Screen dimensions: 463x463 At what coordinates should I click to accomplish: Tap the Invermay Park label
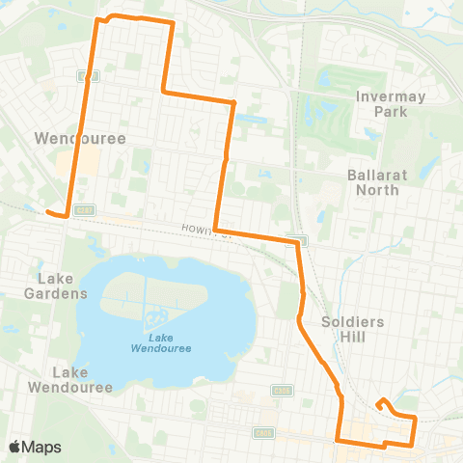click(381, 104)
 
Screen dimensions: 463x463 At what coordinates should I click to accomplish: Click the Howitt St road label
click(201, 229)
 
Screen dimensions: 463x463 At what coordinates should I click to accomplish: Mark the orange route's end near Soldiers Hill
click(383, 399)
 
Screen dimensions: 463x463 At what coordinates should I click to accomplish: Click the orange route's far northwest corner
click(95, 18)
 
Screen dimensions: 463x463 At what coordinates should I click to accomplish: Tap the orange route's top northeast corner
click(171, 21)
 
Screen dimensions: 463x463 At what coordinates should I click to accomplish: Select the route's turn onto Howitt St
click(217, 231)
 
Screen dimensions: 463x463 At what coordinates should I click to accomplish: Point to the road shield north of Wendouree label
click(84, 74)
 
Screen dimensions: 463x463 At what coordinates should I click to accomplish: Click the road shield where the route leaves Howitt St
click(302, 240)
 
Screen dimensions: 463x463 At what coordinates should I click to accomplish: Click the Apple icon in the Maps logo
click(14, 447)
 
